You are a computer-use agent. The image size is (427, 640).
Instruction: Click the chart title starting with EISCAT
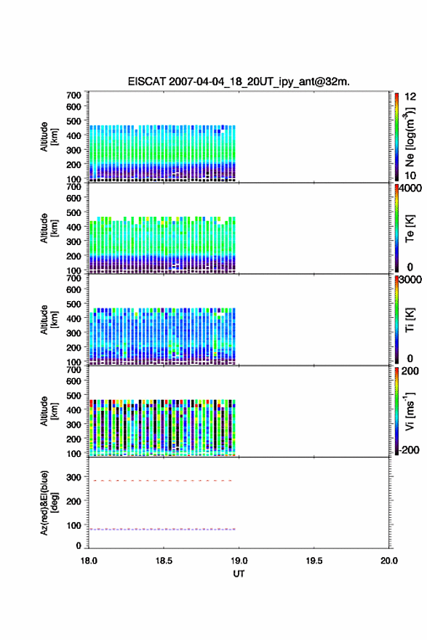239,81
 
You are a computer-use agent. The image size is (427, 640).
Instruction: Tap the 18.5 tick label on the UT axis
164,561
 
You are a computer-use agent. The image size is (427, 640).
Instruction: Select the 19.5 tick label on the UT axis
314,561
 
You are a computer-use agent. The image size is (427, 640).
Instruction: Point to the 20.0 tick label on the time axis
389,561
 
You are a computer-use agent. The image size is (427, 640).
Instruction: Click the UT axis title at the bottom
239,574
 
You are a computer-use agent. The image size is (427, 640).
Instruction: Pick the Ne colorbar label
410,137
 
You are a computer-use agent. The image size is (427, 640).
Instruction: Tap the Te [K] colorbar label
410,228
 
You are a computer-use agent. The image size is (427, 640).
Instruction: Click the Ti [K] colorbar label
410,319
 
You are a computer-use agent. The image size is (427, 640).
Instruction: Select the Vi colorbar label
410,411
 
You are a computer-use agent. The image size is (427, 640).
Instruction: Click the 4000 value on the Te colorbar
410,188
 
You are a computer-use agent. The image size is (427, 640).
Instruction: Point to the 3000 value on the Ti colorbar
410,279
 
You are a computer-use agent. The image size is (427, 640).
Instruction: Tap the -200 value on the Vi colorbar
410,449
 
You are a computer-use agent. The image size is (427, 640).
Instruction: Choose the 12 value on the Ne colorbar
410,97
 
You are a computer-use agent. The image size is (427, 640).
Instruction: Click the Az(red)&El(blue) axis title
49,503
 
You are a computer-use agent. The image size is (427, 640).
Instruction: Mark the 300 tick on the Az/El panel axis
73,477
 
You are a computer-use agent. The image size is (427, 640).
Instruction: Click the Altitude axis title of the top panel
49,137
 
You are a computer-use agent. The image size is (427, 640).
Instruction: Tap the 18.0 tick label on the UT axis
89,561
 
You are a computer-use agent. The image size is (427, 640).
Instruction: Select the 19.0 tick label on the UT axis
239,561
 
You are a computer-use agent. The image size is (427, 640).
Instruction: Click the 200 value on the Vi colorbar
410,371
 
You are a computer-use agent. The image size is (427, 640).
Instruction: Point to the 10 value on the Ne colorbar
410,176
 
